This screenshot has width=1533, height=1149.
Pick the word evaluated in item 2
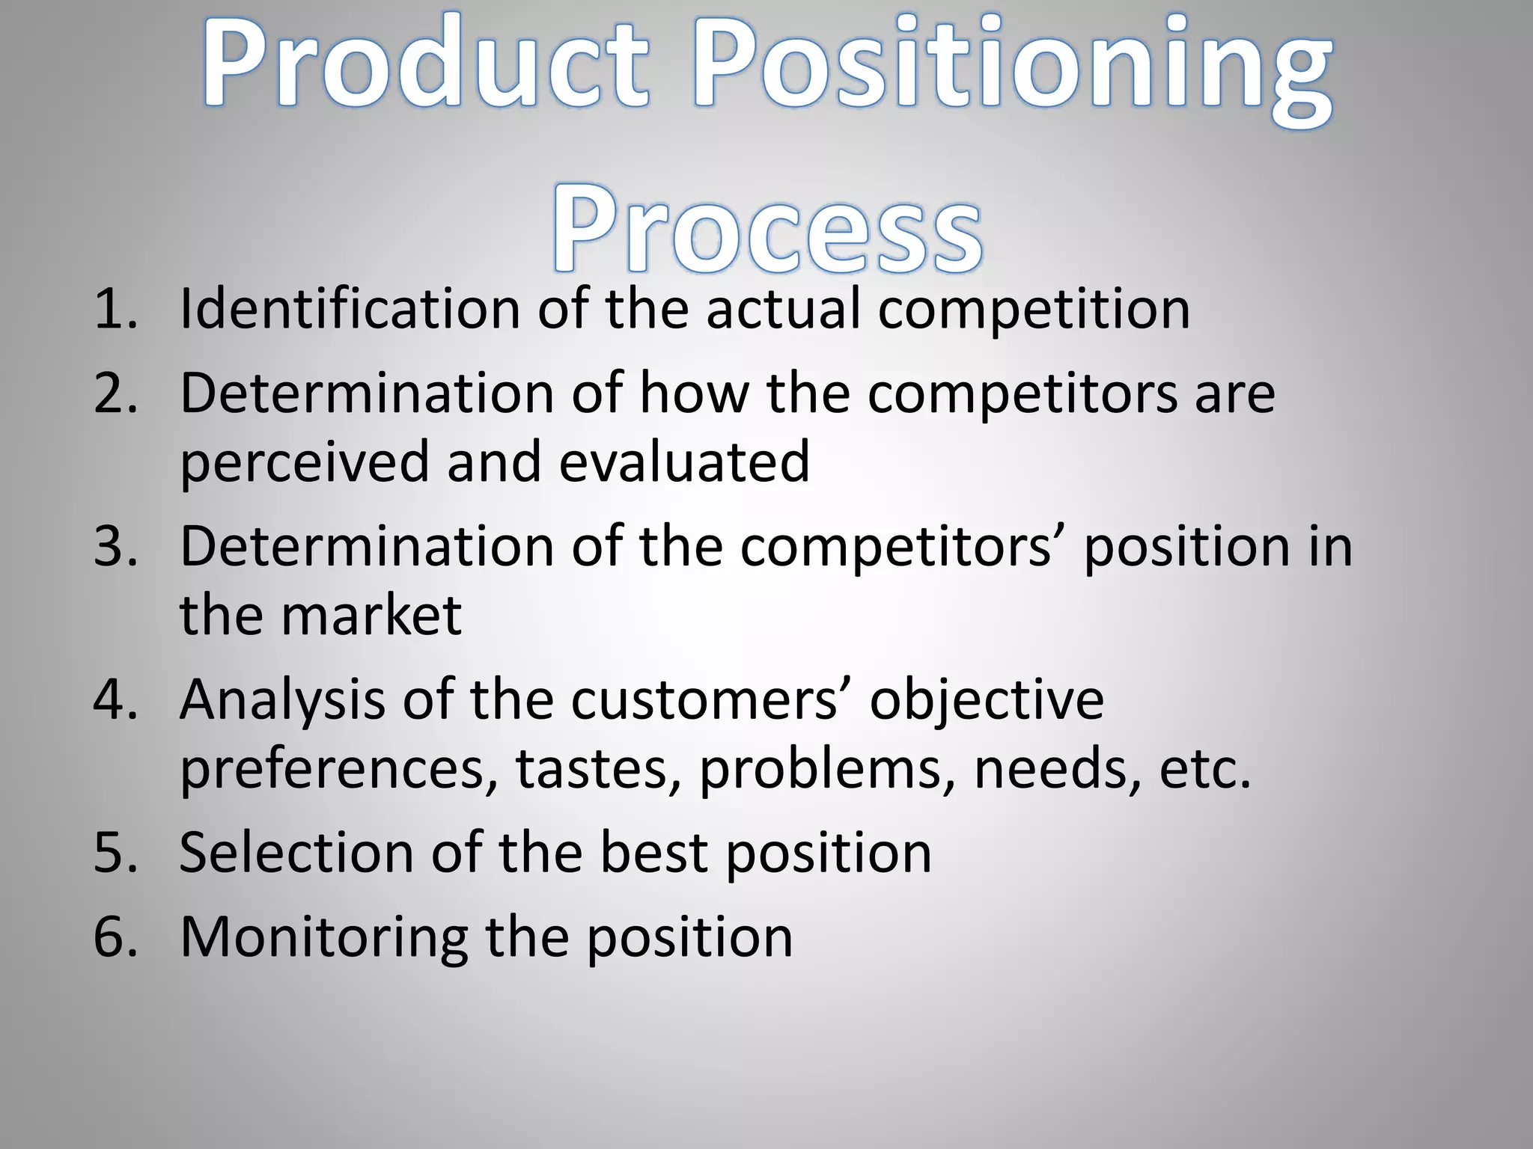point(684,462)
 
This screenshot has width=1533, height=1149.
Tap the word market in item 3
point(371,616)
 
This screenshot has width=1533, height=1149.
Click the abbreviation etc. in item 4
point(1205,770)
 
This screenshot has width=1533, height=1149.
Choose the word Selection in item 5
point(296,853)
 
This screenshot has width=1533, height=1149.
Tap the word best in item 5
point(653,853)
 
